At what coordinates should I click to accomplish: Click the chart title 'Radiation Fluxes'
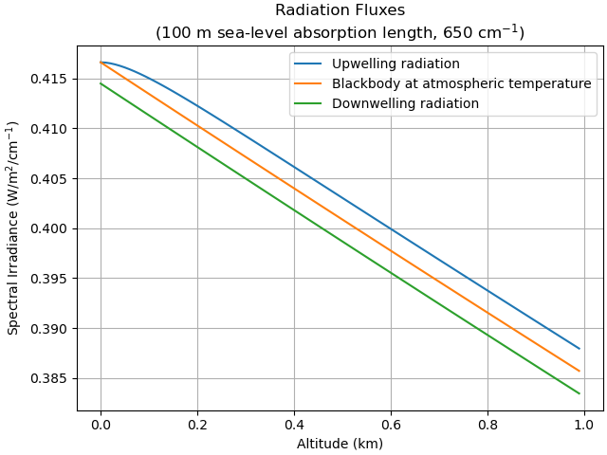pyautogui.click(x=340, y=10)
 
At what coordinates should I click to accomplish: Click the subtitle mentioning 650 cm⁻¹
pyautogui.click(x=340, y=31)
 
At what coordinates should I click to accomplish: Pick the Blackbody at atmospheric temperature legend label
pyautogui.click(x=461, y=83)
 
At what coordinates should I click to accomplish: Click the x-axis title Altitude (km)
pyautogui.click(x=340, y=443)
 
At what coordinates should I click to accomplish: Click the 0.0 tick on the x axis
pyautogui.click(x=101, y=424)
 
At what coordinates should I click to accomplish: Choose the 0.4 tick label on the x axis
pyautogui.click(x=294, y=424)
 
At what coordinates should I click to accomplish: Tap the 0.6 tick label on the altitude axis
pyautogui.click(x=391, y=424)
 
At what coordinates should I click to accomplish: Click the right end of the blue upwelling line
pyautogui.click(x=579, y=349)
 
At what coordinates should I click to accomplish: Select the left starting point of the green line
pyautogui.click(x=101, y=83)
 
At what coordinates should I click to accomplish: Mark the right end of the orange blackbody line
pyautogui.click(x=579, y=371)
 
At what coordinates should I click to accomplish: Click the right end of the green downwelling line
pyautogui.click(x=579, y=392)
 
